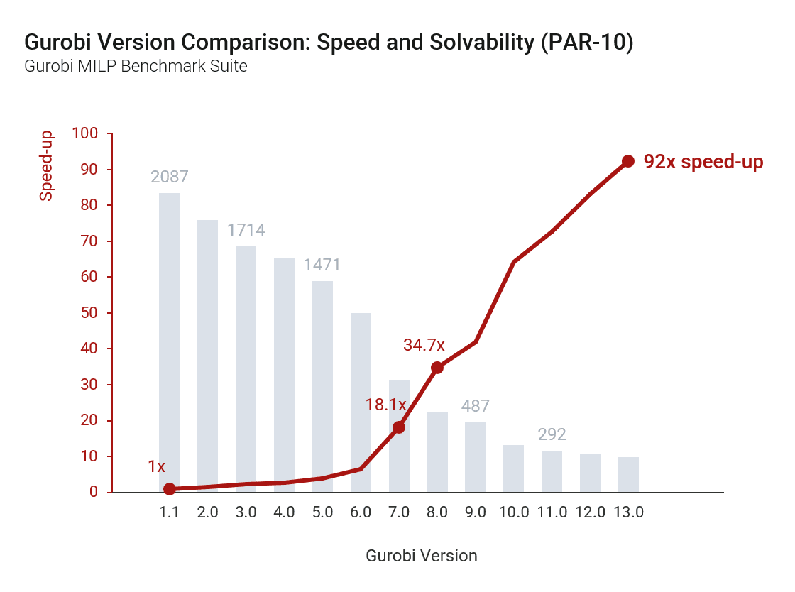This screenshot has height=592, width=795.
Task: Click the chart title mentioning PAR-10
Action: [x=329, y=43]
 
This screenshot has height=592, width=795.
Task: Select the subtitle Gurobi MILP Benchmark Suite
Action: [x=136, y=67]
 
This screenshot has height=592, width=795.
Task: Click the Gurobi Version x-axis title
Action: [x=422, y=556]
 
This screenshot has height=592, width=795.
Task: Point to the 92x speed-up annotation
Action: [x=703, y=162]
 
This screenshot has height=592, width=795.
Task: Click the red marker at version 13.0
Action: [x=628, y=161]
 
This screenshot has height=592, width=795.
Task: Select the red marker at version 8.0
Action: [x=437, y=368]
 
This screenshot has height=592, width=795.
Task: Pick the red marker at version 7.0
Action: [x=399, y=427]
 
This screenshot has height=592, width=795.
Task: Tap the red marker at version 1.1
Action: [x=170, y=489]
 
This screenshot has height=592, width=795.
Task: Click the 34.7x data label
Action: [x=424, y=346]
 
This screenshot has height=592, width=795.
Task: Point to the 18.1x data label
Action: [x=385, y=405]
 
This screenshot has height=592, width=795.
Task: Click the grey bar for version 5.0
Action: [x=322, y=386]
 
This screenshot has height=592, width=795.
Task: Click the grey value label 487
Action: [x=476, y=406]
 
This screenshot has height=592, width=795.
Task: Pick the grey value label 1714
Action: [x=246, y=230]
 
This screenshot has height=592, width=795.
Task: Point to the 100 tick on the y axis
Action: [x=88, y=133]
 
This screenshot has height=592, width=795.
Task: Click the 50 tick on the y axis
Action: [x=92, y=313]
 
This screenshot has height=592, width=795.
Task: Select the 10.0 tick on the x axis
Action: [x=513, y=512]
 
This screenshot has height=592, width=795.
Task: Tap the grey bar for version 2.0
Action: [x=207, y=356]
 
